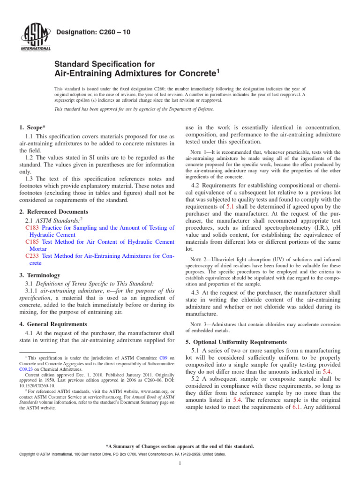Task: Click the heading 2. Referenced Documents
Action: [x=53, y=211]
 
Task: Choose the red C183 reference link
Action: [x=32, y=228]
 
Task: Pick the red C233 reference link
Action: [x=32, y=256]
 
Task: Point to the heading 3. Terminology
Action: [x=40, y=275]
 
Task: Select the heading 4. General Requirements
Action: [x=52, y=323]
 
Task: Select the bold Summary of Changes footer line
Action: [x=180, y=446]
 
